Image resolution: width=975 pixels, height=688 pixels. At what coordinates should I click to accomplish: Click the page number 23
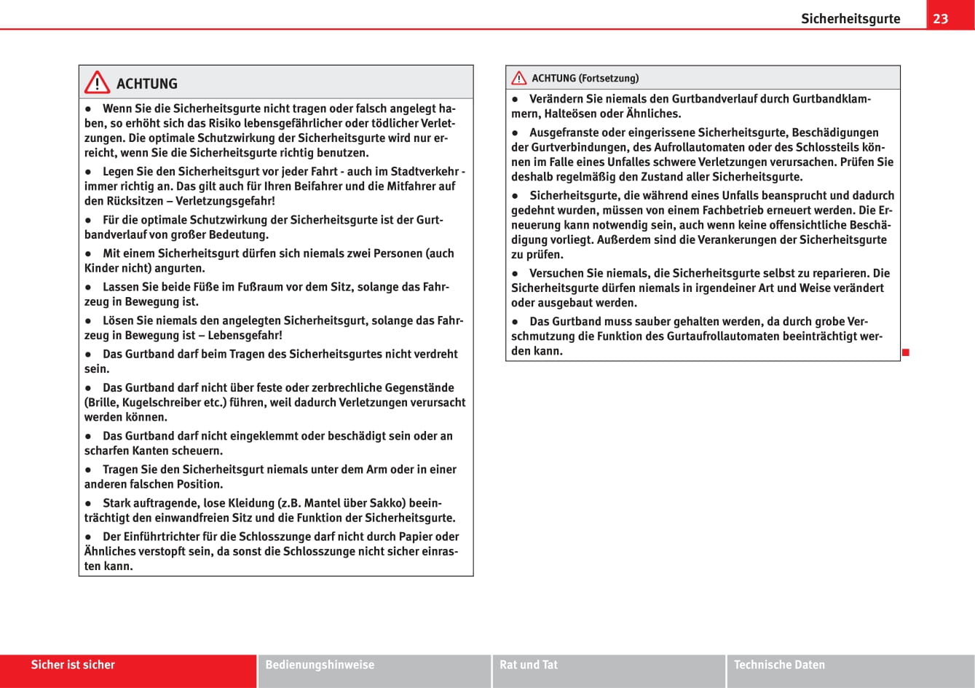point(941,18)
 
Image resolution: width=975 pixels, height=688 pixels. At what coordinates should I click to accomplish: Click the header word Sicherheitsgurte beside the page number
point(850,19)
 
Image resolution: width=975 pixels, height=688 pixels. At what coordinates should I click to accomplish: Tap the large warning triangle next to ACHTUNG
point(97,83)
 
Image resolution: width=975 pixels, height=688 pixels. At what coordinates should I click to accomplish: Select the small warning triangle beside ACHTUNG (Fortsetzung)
point(518,78)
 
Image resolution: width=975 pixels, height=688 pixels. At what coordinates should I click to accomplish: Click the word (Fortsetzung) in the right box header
point(609,78)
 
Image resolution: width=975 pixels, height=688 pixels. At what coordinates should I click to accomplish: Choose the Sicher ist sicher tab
point(73,665)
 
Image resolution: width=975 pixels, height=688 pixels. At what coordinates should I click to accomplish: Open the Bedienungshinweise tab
point(320,665)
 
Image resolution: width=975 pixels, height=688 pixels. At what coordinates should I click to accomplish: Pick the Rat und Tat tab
point(529,665)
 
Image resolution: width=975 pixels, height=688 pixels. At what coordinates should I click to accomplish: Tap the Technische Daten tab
point(779,665)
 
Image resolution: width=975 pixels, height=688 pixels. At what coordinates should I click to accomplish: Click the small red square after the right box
point(906,353)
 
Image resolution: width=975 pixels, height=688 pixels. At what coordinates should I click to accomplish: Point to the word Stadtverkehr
point(425,172)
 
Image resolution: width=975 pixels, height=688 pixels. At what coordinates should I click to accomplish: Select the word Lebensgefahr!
point(245,335)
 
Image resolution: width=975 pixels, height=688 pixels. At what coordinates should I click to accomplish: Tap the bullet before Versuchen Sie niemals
point(515,273)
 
